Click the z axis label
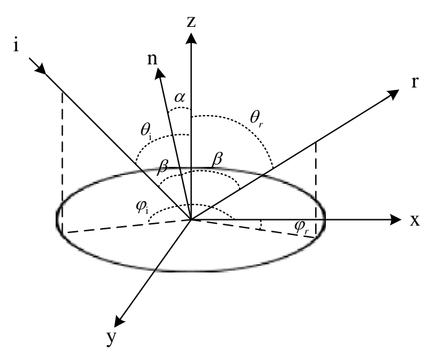[191, 22]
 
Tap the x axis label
[415, 220]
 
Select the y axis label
[111, 338]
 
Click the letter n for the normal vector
[152, 59]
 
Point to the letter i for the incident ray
[16, 45]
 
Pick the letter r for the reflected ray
[415, 82]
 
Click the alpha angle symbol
[179, 97]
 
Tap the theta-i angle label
[146, 131]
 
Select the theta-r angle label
[256, 119]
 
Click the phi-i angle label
[142, 207]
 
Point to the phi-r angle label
[301, 227]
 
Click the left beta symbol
[163, 166]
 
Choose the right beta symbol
[217, 159]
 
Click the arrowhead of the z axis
[191, 38]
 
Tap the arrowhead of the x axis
[395, 219]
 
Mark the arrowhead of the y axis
[119, 321]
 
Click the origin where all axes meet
[191, 220]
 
